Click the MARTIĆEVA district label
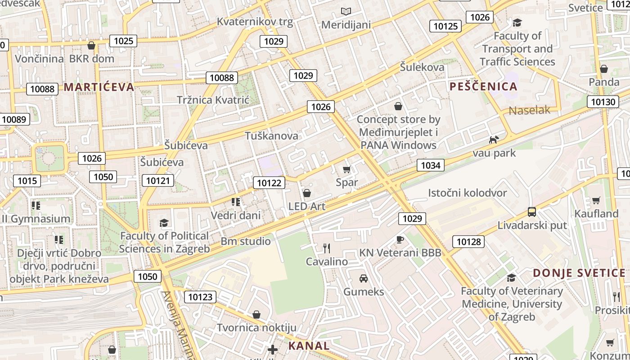[x=99, y=87]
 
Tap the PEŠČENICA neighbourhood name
[x=483, y=86]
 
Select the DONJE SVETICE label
[x=579, y=273]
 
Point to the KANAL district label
[x=309, y=346]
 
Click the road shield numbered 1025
[x=123, y=41]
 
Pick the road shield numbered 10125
[x=445, y=26]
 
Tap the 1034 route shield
[x=430, y=165]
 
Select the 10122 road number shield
[x=269, y=183]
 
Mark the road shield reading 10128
[x=468, y=242]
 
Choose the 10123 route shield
[x=200, y=297]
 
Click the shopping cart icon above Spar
[x=346, y=170]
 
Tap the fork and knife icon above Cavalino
[x=327, y=248]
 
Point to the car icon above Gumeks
[x=364, y=279]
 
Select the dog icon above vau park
[x=494, y=139]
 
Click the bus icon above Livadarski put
[x=532, y=211]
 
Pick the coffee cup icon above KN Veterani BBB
[x=400, y=239]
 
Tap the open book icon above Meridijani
[x=346, y=11]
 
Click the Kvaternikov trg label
[x=255, y=21]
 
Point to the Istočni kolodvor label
[x=467, y=193]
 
